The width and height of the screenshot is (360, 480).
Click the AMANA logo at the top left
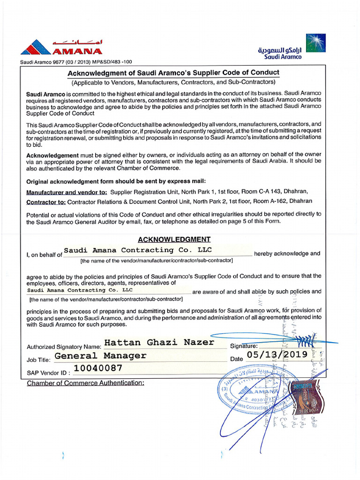61,47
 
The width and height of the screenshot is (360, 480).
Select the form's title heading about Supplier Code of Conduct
173,73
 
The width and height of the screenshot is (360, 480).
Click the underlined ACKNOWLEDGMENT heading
174,240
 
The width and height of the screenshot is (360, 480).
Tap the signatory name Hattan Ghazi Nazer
159,343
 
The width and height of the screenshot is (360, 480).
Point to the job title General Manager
100,356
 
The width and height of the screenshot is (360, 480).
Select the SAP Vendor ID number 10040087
98,368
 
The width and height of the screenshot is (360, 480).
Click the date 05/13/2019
277,354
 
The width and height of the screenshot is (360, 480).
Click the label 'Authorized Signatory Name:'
64,347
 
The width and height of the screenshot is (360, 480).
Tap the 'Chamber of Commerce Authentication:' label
85,383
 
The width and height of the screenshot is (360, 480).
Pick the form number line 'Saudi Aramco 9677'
75,62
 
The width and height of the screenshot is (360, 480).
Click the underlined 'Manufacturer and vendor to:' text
67,192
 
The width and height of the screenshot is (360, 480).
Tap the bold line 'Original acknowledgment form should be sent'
116,181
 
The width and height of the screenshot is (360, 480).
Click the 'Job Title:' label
39,360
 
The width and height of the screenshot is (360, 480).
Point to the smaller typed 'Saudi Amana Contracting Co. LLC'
80,290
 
